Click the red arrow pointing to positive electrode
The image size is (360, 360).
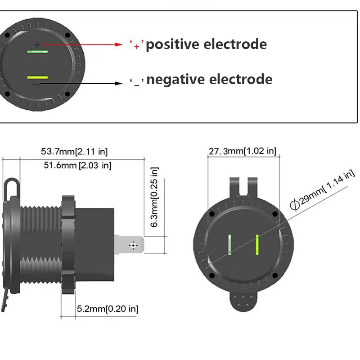tap(81, 45)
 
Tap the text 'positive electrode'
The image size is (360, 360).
tap(207, 45)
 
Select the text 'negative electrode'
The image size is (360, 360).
tap(210, 80)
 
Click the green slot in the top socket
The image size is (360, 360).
tap(37, 52)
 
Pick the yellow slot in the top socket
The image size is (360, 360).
tap(37, 78)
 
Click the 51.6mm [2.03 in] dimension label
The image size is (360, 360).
tap(77, 165)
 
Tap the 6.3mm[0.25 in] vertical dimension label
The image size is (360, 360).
tap(154, 197)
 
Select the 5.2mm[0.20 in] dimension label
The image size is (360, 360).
tap(108, 309)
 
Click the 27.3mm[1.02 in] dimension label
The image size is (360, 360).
tap(242, 151)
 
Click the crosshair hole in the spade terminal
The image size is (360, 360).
tap(133, 245)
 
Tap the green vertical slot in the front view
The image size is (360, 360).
tap(229, 245)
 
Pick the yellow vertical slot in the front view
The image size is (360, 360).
tap(256, 245)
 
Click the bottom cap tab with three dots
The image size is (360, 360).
tap(243, 301)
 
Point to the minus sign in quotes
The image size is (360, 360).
tap(136, 81)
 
